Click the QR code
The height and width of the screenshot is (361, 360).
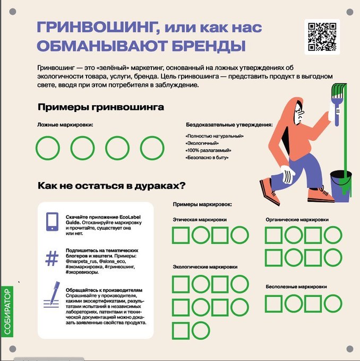322,37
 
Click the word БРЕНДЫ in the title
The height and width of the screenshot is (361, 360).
209,46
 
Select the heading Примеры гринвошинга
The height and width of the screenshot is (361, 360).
101,107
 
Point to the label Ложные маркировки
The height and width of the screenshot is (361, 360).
65,125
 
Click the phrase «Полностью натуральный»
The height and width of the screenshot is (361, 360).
215,136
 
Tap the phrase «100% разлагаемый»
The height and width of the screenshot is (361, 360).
208,151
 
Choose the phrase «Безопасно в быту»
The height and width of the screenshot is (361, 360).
207,158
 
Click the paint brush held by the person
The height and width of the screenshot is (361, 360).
338,105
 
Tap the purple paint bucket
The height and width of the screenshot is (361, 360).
341,186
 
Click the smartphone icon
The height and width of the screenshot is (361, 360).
52,221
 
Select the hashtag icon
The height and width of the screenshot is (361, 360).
52,259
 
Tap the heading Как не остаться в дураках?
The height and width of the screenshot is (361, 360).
112,186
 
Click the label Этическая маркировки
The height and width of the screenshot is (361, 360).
200,220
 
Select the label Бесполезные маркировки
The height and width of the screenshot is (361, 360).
296,287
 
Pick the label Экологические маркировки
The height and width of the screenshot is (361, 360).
205,267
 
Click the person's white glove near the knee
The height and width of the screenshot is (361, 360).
287,174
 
